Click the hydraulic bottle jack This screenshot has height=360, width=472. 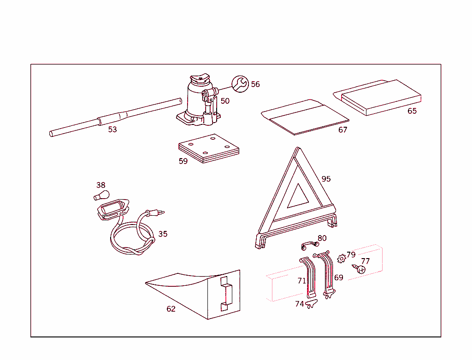point(198,101)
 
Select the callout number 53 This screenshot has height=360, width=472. point(112,130)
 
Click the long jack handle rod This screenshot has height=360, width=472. point(115,118)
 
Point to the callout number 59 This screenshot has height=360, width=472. point(183,161)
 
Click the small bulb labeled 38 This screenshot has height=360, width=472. point(101,195)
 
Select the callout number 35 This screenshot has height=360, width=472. point(163,234)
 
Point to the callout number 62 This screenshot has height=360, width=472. point(171,309)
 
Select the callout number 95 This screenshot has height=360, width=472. point(326,179)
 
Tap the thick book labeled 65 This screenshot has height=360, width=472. point(380,97)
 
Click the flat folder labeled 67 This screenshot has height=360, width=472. point(304,118)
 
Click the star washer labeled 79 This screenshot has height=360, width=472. point(341,259)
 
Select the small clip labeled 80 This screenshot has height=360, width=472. point(309,245)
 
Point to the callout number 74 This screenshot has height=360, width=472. point(300,304)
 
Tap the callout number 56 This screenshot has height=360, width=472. point(255,84)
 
